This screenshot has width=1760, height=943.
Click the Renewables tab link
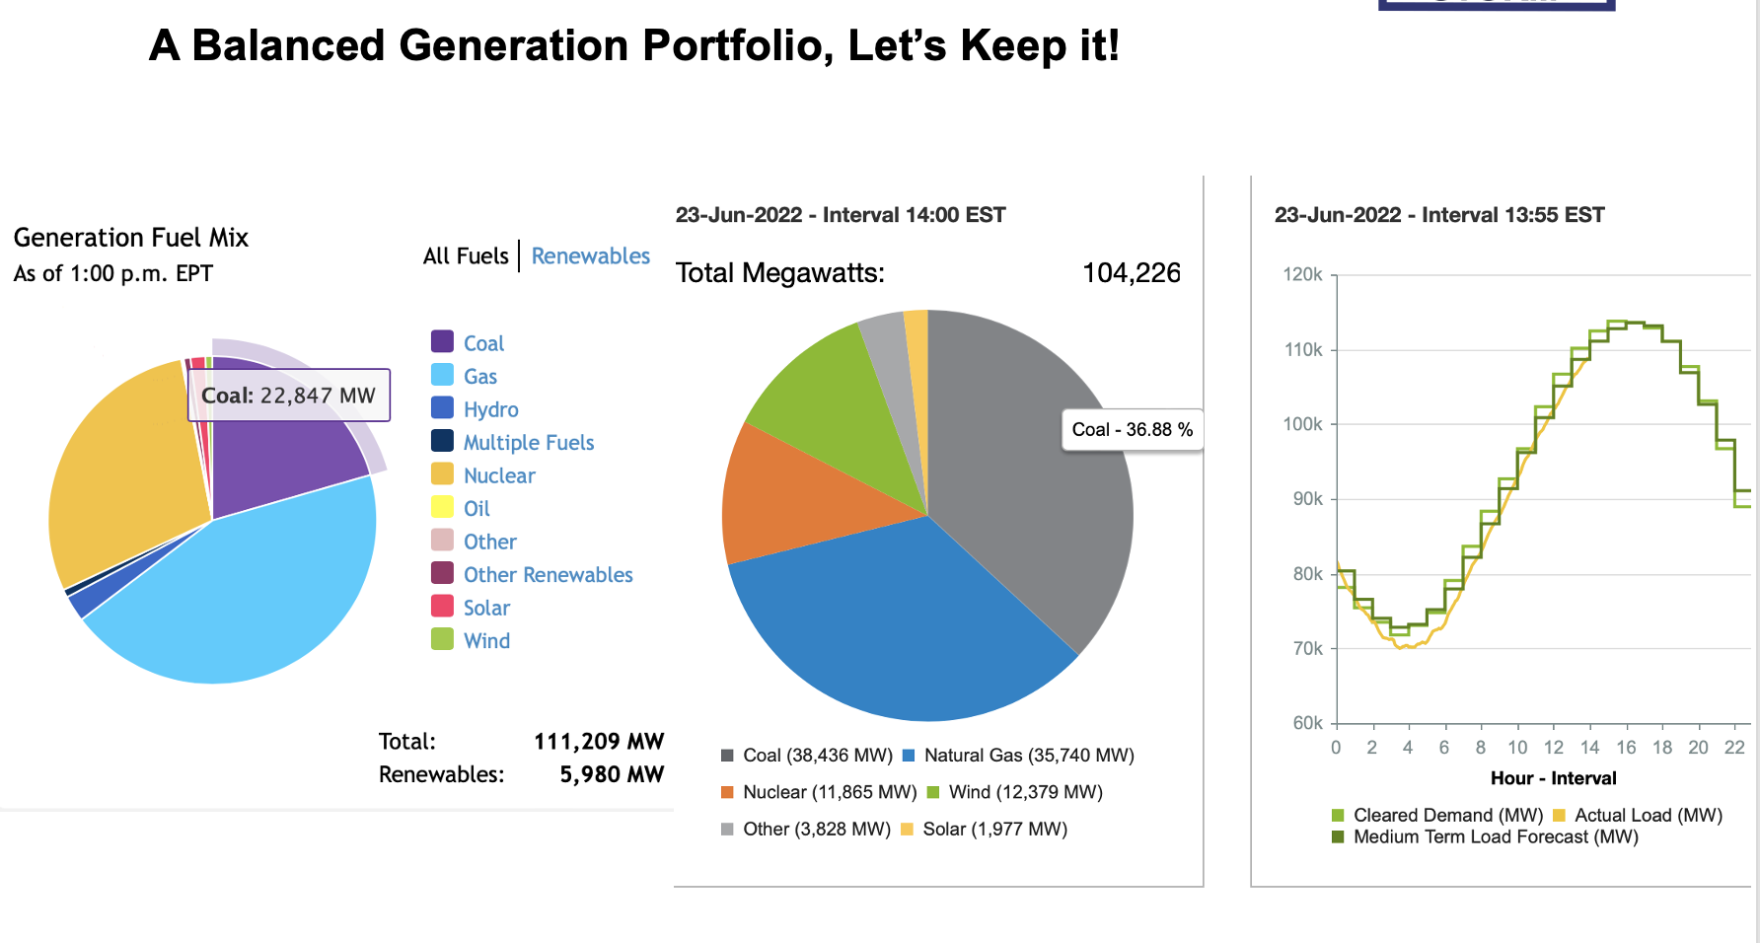590,256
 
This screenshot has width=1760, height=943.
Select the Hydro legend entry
490,409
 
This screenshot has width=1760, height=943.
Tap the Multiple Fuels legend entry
528,443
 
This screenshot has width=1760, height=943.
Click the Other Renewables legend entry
548,575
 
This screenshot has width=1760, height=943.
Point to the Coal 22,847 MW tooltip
288,396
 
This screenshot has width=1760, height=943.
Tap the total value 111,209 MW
598,742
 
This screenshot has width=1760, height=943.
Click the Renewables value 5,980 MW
611,775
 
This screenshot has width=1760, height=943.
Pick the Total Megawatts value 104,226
1131,273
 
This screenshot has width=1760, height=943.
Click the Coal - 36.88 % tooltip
1132,430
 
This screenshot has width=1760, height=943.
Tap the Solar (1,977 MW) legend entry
993,830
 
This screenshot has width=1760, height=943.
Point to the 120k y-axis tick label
1302,275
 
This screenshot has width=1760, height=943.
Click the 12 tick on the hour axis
1553,748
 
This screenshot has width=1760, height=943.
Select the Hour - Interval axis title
1553,778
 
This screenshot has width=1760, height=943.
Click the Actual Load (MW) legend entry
1648,816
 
